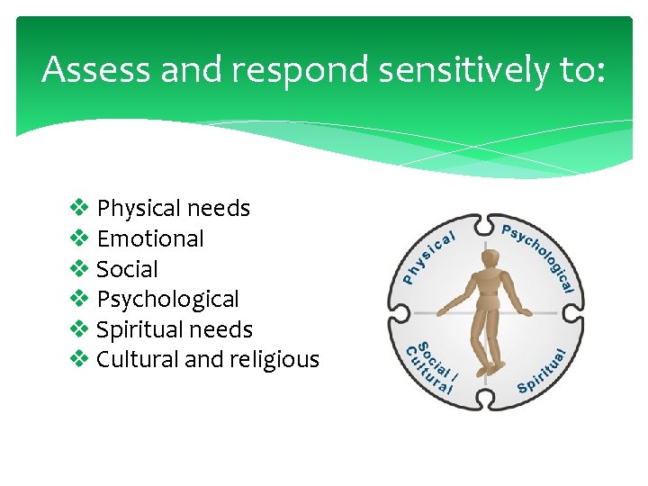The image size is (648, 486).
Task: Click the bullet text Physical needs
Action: click(x=173, y=209)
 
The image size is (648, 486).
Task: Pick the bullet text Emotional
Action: click(x=150, y=238)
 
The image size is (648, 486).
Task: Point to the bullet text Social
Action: click(x=127, y=269)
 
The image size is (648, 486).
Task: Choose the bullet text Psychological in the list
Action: click(x=167, y=299)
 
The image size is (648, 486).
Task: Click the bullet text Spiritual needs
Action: click(x=174, y=329)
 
